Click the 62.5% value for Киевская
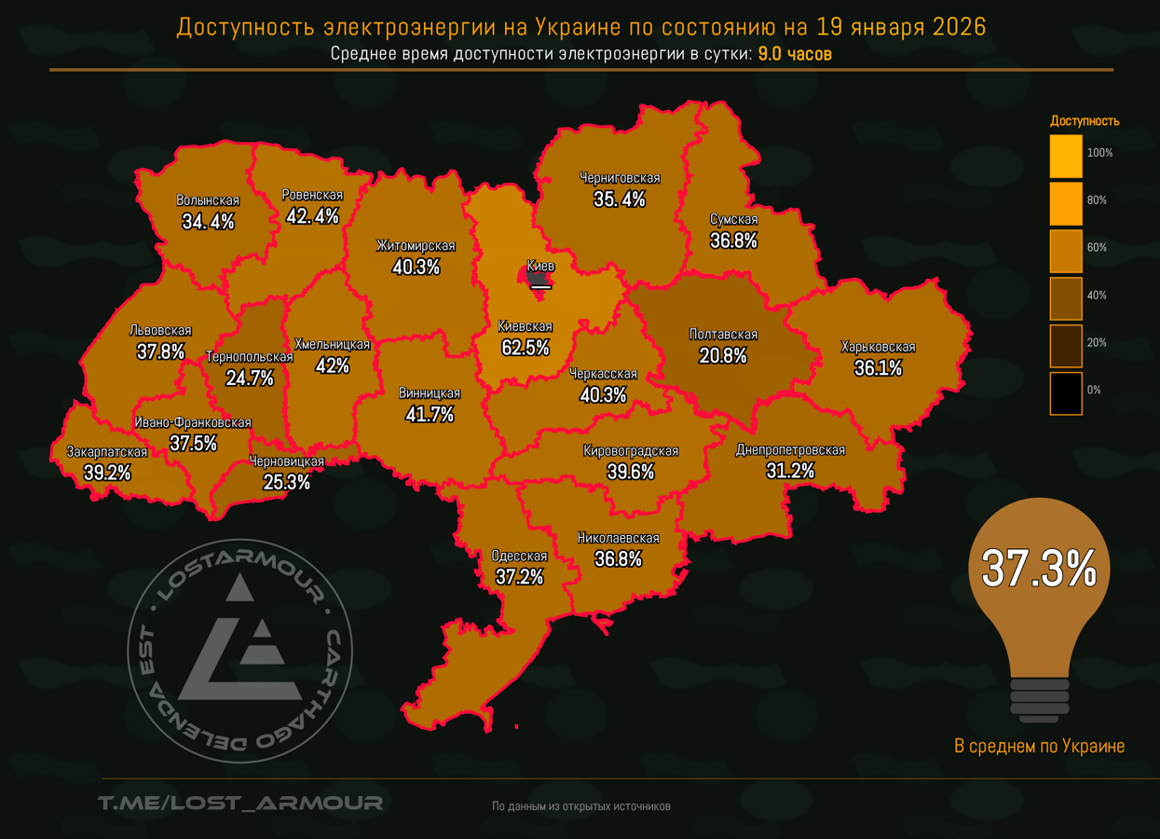point(525,348)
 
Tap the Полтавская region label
point(723,335)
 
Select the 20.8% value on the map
point(723,355)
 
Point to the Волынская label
point(208,200)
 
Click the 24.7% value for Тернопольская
point(250,378)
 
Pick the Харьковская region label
point(878,347)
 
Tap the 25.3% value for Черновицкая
point(287,482)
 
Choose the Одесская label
point(519,557)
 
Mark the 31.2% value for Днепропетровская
point(790,471)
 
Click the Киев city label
point(540,267)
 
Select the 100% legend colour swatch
point(1066,156)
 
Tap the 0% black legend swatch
point(1066,393)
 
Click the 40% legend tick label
point(1097,296)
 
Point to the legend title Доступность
point(1085,121)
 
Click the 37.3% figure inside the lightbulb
point(1039,569)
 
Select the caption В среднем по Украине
point(1039,747)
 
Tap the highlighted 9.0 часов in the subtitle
point(795,54)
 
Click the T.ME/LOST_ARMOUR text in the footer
point(240,803)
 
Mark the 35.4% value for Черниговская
point(620,199)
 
